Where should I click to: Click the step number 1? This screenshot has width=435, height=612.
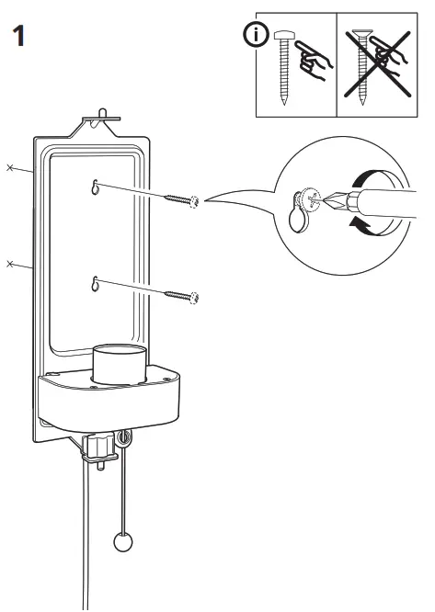[x=17, y=38]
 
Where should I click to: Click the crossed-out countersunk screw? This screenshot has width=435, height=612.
[x=369, y=68]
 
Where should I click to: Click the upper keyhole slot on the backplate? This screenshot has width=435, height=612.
[x=95, y=187]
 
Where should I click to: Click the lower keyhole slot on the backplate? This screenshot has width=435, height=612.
[x=95, y=284]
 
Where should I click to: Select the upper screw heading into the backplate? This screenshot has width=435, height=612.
[x=184, y=199]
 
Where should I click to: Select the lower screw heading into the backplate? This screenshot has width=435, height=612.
[x=183, y=296]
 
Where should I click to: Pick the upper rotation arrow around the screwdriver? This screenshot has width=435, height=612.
[x=373, y=179]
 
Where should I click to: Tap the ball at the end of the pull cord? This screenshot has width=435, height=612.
[x=123, y=541]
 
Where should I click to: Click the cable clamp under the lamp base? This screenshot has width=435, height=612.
[x=98, y=448]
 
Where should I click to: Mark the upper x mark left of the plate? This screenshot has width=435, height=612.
[x=11, y=168]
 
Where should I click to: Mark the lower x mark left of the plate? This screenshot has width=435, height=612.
[x=11, y=264]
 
